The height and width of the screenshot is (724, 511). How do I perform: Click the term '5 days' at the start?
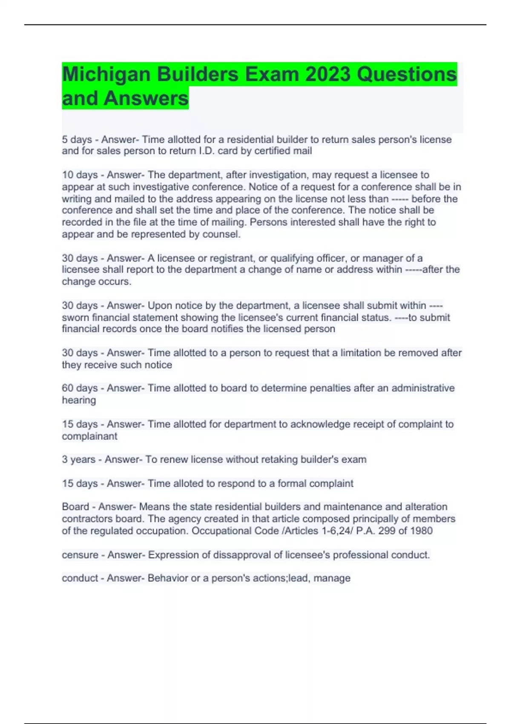(x=77, y=140)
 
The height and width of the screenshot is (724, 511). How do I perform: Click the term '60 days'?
(x=80, y=388)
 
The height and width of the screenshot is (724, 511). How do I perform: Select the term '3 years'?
(x=78, y=460)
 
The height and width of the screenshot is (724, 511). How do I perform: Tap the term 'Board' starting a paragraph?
(x=75, y=507)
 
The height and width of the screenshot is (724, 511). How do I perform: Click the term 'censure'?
(x=80, y=555)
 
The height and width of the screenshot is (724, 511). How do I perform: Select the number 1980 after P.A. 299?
(x=422, y=531)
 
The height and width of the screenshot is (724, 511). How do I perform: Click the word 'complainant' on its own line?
(x=89, y=436)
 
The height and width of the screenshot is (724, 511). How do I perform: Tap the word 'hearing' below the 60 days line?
(x=79, y=400)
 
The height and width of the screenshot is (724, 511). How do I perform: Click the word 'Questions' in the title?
(x=407, y=75)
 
